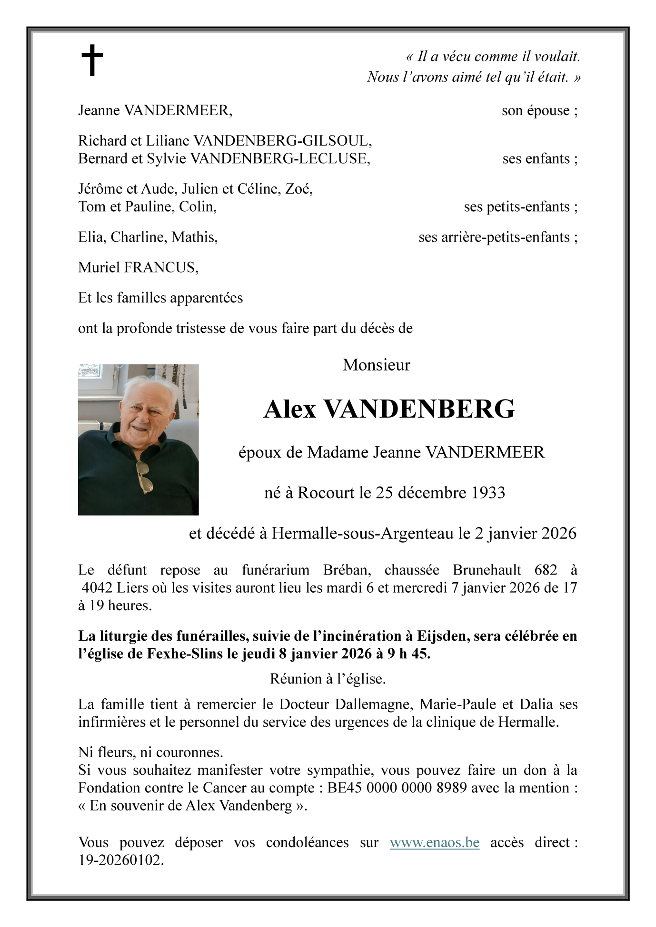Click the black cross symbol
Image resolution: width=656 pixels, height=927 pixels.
tap(92, 60)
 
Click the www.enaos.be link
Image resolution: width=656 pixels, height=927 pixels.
tap(434, 842)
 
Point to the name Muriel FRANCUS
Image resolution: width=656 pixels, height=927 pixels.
tap(138, 267)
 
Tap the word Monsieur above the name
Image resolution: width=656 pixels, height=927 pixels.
tap(376, 365)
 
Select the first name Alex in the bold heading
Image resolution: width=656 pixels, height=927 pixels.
tap(290, 409)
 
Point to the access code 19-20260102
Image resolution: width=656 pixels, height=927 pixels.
tap(120, 860)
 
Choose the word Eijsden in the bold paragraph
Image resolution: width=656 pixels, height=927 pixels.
tap(438, 636)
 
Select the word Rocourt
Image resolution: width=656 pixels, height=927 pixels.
tap(327, 493)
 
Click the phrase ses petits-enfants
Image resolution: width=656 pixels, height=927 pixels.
tap(517, 207)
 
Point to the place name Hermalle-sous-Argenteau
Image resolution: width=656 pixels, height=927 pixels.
tap(363, 534)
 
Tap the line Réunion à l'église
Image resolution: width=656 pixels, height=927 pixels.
tap(328, 679)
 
